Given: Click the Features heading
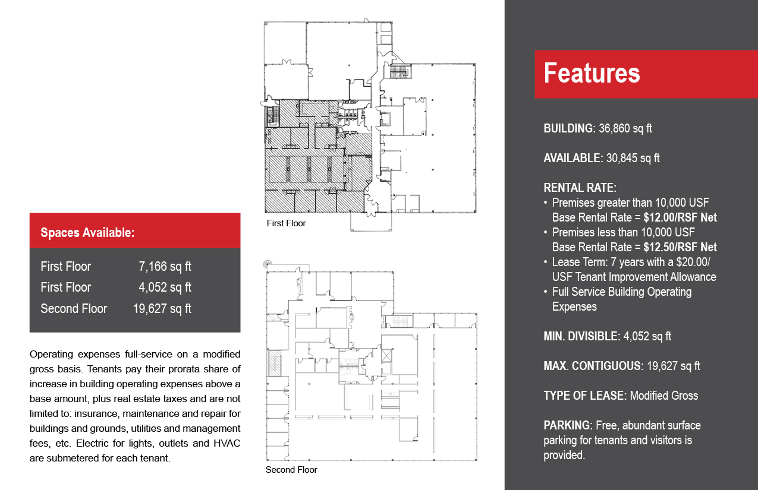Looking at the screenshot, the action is click(592, 73).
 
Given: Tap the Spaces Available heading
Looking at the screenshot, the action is click(87, 233).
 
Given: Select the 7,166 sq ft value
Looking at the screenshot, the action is click(165, 267).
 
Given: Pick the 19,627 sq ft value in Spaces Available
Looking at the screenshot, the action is click(162, 309).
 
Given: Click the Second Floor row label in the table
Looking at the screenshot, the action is click(74, 309).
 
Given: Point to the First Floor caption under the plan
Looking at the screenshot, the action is click(286, 223).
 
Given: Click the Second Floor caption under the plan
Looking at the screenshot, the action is click(291, 470).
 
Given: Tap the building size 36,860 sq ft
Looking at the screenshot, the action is click(625, 128).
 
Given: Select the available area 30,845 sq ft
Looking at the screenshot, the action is click(633, 158).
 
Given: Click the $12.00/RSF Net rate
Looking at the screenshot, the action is click(680, 217).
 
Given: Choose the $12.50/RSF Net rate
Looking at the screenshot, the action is click(680, 247).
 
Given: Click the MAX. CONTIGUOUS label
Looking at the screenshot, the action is click(593, 366).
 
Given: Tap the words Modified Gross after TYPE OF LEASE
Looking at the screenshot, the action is click(664, 396).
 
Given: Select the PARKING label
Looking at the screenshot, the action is click(568, 425).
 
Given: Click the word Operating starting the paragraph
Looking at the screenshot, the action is click(51, 355).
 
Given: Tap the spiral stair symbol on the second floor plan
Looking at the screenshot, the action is click(268, 264).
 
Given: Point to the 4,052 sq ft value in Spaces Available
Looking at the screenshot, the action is click(165, 287).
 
